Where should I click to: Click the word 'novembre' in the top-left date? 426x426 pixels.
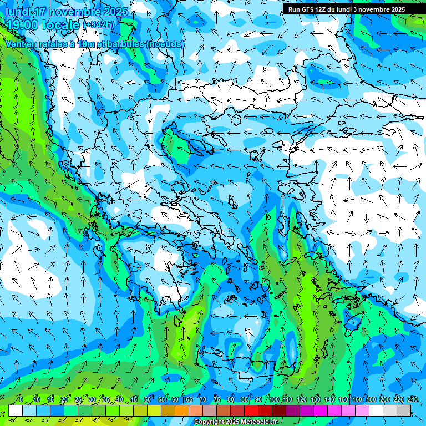pos(72,12)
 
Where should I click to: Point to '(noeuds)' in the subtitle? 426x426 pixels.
pos(165,44)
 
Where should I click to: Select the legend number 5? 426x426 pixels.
pos(21,400)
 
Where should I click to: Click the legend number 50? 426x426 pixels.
pos(148,400)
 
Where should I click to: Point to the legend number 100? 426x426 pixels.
pos(274,400)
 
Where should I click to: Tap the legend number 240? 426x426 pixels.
pos(413,400)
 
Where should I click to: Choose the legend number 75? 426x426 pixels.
pos(217,400)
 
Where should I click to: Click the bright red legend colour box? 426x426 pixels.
pos(251,410)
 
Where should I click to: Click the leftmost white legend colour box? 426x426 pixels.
pos(16,410)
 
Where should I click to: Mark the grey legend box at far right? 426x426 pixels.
pos(404,410)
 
